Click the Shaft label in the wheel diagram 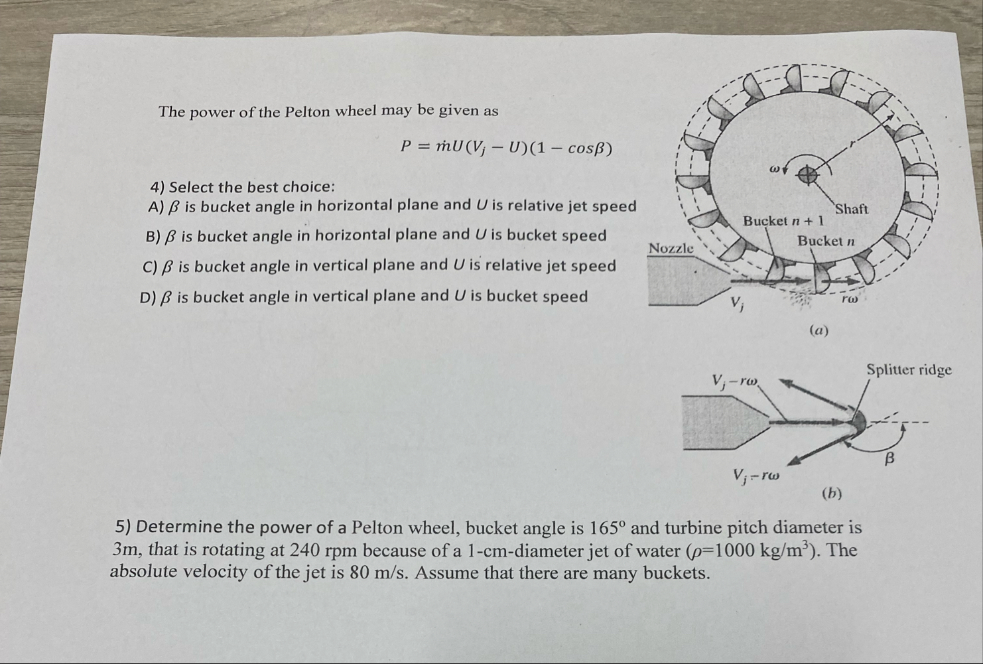(852, 209)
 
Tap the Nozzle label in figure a (671, 248)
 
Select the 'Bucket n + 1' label (783, 220)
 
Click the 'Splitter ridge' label (909, 370)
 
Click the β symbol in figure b (890, 458)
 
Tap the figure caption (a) (820, 330)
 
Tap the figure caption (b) (832, 493)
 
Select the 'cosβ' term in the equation (583, 149)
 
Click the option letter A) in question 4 (156, 207)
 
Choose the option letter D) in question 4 (149, 297)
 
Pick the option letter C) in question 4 (151, 267)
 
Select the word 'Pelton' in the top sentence (307, 111)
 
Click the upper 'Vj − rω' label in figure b (736, 381)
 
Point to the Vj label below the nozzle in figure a (738, 304)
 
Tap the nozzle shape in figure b (723, 422)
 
